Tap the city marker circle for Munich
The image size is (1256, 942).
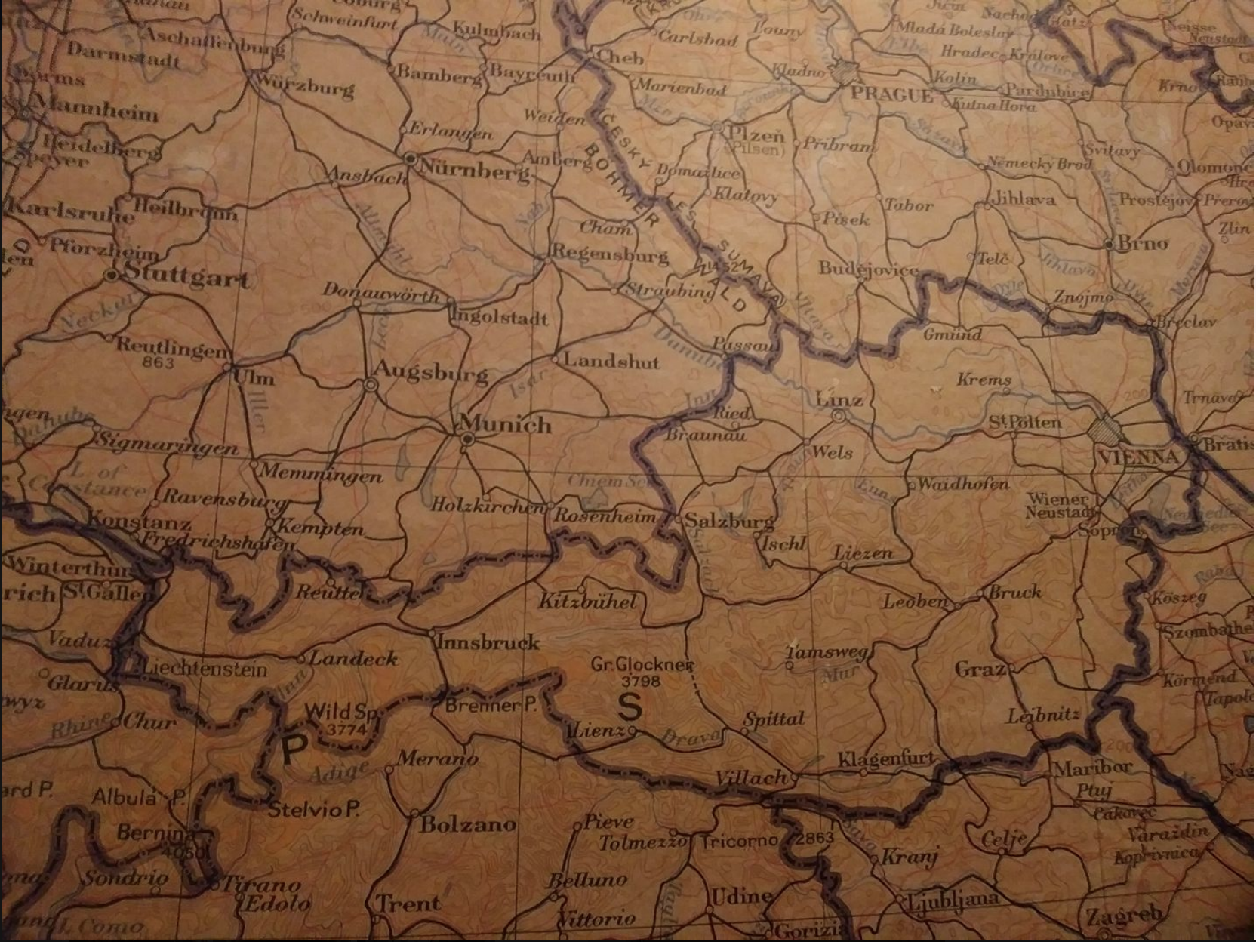[467, 438]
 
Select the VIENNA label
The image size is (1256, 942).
[1139, 457]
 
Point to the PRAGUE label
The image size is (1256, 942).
[891, 95]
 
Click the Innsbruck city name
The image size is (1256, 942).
[489, 642]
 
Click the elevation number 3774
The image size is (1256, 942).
[347, 729]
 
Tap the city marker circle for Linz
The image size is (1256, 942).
[838, 416]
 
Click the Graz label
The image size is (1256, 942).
[980, 670]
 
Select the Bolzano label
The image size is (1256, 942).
[468, 823]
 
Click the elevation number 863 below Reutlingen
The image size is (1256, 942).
[158, 363]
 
